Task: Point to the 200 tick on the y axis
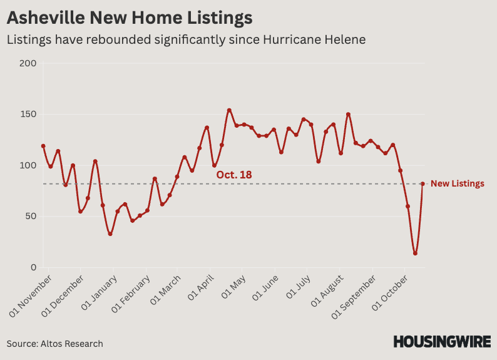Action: (29, 63)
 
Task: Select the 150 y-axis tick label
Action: (29, 115)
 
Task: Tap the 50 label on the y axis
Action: (31, 217)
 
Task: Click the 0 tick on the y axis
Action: (33, 267)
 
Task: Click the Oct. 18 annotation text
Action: (234, 175)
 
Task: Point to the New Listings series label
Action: (458, 183)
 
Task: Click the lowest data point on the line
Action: (415, 254)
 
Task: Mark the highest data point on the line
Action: (229, 110)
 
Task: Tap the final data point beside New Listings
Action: (423, 184)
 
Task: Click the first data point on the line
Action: (43, 146)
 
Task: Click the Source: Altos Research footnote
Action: (55, 344)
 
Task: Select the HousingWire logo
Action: (442, 342)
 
